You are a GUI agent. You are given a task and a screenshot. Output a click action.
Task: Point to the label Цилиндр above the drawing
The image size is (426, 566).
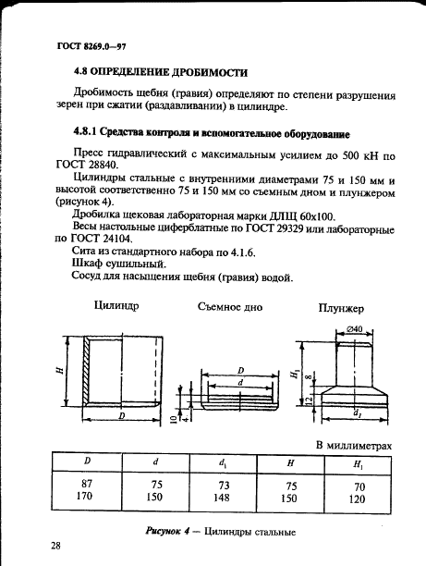[116, 307]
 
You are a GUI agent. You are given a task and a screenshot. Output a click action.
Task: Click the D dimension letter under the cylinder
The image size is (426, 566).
[121, 418]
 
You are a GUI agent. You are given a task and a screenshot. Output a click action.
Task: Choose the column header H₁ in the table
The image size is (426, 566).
[359, 462]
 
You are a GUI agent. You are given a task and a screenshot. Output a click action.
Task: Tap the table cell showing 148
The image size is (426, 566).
[224, 496]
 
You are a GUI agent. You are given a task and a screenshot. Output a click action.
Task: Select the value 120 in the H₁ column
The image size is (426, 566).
[359, 496]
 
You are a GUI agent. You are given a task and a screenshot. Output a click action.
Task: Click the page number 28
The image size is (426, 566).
[57, 547]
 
